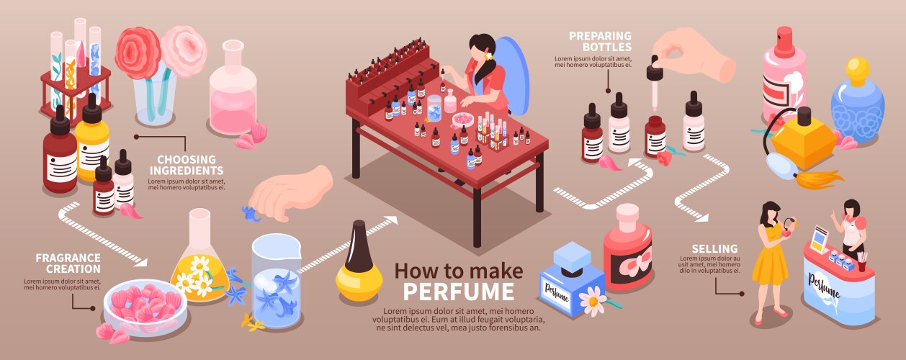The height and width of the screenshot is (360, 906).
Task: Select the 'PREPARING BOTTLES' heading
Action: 599,41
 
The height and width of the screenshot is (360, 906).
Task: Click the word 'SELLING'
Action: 714,249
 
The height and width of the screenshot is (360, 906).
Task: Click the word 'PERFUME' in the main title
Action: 459,292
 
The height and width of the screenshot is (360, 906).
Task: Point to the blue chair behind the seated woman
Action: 513,68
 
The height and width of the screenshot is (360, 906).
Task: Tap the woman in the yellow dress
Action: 769,259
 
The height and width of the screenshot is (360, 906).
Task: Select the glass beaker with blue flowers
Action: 276,281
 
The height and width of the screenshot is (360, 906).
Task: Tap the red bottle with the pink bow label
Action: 627,248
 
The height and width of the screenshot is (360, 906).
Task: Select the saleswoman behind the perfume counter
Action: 853,227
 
